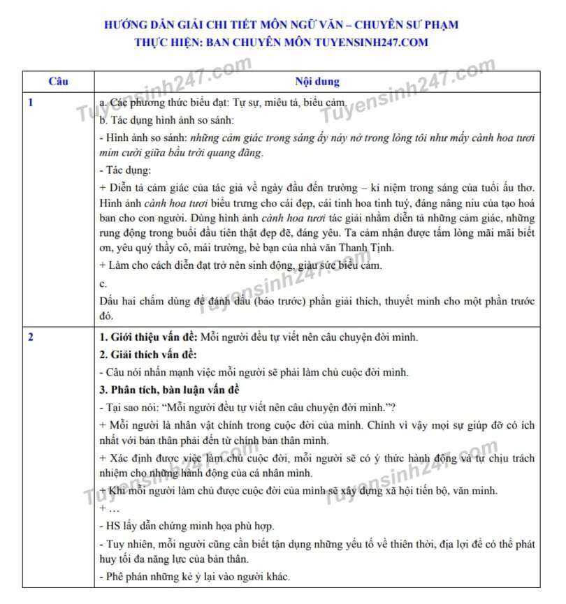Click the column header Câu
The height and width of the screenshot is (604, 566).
[59, 82]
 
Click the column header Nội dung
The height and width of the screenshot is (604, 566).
[317, 82]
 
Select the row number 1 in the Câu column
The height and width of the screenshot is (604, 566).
[31, 103]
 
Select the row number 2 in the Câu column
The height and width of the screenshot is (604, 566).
[31, 337]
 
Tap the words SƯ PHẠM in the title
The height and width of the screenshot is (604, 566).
[431, 25]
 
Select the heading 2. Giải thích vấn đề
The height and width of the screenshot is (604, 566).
[147, 355]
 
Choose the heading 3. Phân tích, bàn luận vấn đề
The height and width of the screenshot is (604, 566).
[170, 389]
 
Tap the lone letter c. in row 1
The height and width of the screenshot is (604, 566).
[103, 284]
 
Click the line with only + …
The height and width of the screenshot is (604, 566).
[110, 509]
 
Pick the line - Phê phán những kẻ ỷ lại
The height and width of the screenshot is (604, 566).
[195, 577]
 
